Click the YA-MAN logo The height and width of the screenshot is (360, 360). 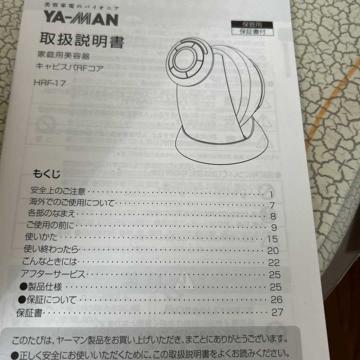click(81, 19)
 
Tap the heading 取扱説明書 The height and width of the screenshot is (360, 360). click(82, 42)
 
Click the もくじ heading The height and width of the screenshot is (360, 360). click(47, 174)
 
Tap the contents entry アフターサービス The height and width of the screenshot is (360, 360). click(53, 274)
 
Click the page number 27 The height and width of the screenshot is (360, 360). click(277, 312)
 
